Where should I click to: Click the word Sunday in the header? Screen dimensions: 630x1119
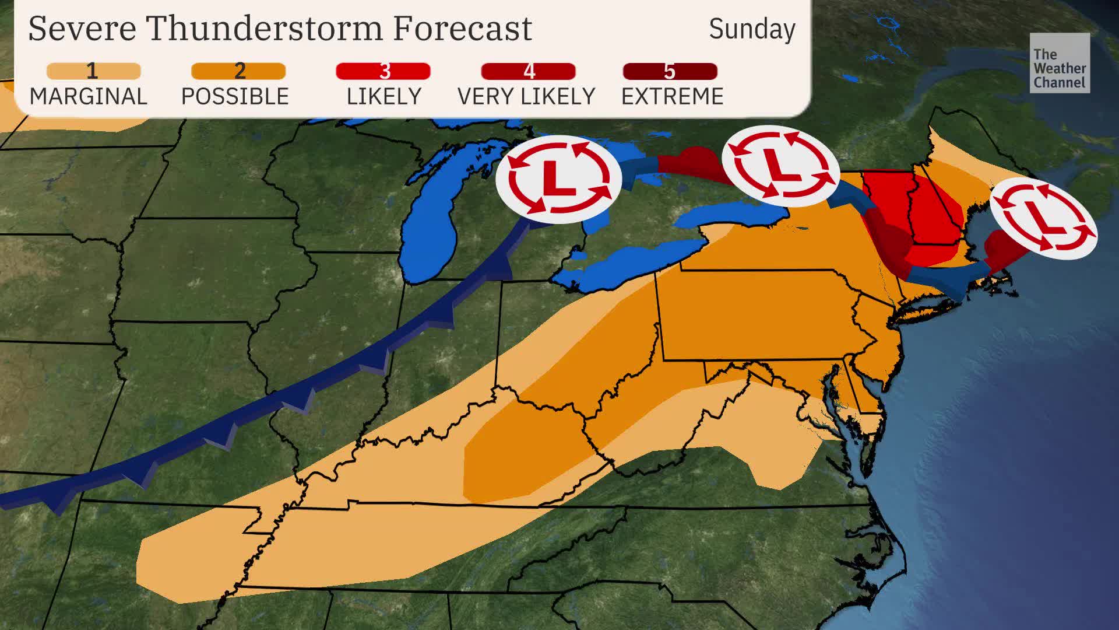tap(752, 29)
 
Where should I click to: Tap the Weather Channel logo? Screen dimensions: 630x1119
tap(1059, 63)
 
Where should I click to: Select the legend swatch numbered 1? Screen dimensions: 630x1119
tap(93, 71)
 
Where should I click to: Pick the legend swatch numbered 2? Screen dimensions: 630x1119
tap(238, 71)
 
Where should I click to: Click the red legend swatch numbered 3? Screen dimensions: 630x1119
tap(383, 71)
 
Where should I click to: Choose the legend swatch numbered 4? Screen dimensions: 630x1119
tap(528, 71)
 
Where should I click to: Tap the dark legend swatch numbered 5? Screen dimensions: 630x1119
tap(670, 71)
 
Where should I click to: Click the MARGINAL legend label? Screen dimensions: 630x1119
tap(88, 96)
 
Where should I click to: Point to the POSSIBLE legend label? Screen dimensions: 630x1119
tap(235, 96)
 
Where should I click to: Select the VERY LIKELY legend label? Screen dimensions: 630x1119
tap(526, 96)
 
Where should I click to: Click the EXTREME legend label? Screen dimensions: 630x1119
tap(672, 96)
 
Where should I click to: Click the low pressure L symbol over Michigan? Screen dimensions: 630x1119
tap(558, 179)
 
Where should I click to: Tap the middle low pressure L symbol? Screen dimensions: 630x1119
tap(780, 166)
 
